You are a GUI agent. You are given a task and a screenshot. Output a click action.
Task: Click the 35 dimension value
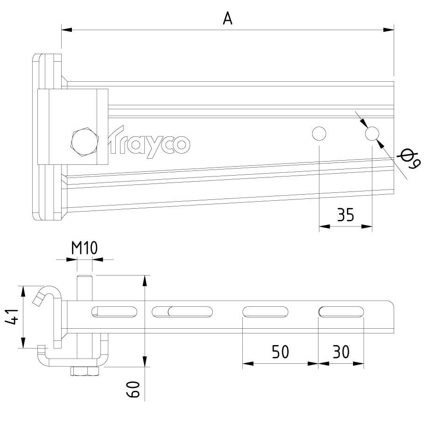345,215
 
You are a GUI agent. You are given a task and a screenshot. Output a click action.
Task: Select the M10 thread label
84,247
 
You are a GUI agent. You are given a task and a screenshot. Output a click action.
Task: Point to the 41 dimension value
12,317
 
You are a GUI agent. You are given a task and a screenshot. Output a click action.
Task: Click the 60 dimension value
133,389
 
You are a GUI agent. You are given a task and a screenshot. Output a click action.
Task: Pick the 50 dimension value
280,352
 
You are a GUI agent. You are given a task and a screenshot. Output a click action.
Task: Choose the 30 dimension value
341,352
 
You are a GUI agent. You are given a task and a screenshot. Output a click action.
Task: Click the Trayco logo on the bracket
148,142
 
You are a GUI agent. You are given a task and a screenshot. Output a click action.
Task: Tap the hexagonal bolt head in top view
84,141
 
